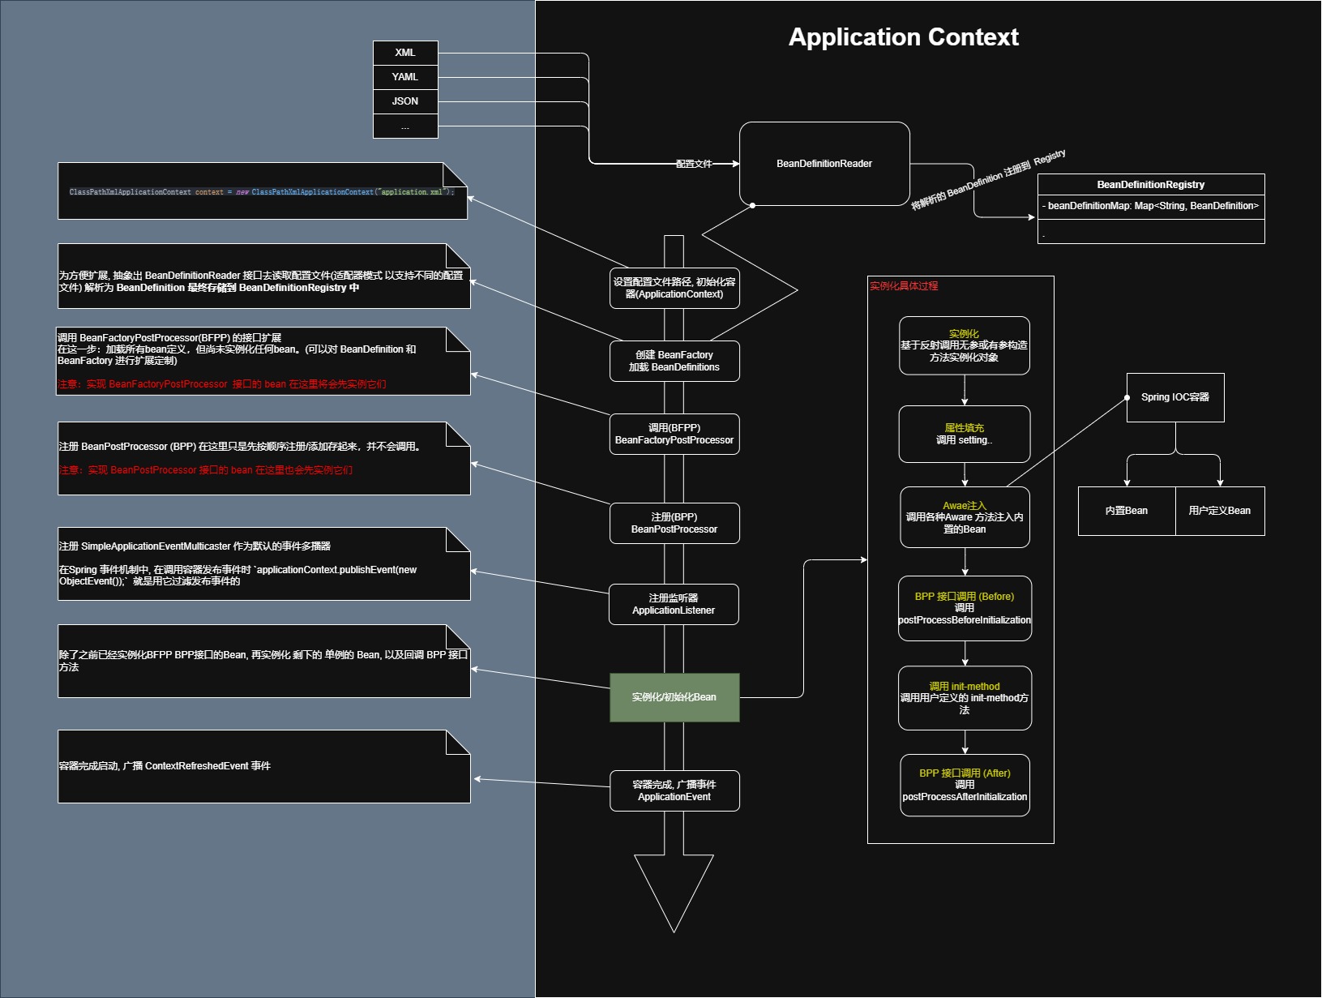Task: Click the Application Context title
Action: pyautogui.click(x=903, y=37)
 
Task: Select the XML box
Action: pyautogui.click(x=405, y=53)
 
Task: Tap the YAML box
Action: pyautogui.click(x=405, y=77)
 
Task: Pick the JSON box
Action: pyautogui.click(x=405, y=101)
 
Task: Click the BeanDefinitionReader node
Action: pyautogui.click(x=824, y=164)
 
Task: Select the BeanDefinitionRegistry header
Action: pyautogui.click(x=1150, y=185)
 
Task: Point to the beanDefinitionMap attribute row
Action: pyautogui.click(x=1150, y=206)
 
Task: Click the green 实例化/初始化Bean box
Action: pyautogui.click(x=674, y=697)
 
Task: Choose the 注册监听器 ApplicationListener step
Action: pyautogui.click(x=674, y=604)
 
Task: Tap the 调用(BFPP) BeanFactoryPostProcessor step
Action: pyautogui.click(x=674, y=434)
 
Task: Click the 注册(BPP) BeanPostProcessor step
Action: pyautogui.click(x=674, y=523)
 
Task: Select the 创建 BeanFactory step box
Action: pyautogui.click(x=674, y=361)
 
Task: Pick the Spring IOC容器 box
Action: pyautogui.click(x=1174, y=397)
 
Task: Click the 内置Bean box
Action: pyautogui.click(x=1126, y=511)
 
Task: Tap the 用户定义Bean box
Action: pyautogui.click(x=1219, y=511)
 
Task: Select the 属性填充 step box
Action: pyautogui.click(x=964, y=434)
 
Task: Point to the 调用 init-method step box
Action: pyautogui.click(x=964, y=698)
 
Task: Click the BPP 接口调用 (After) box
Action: pyautogui.click(x=964, y=785)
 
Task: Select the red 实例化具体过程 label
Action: pyautogui.click(x=904, y=286)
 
